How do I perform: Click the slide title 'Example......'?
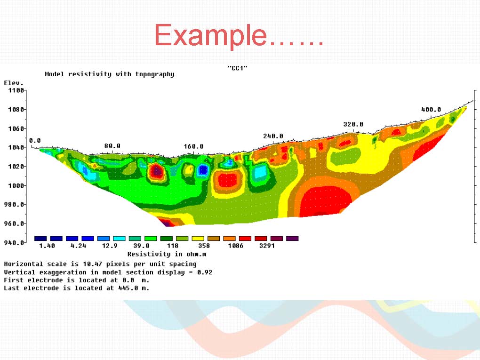click(x=239, y=35)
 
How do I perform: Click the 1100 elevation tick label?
click(x=16, y=90)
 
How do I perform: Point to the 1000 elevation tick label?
click(x=16, y=185)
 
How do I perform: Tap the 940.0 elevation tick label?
click(x=14, y=243)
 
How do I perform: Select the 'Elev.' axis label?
click(x=14, y=83)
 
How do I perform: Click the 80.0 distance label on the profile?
click(x=112, y=146)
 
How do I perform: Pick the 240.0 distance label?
click(x=273, y=136)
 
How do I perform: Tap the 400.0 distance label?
click(x=431, y=109)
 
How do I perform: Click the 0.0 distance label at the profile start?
click(x=35, y=141)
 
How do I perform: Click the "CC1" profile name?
click(x=238, y=68)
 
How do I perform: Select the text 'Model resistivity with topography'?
click(x=110, y=74)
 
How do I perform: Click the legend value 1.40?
click(x=47, y=246)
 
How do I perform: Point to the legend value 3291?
click(x=267, y=246)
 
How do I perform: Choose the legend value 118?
click(x=173, y=246)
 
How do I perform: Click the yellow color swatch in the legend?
click(x=198, y=239)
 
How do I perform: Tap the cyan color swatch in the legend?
click(x=119, y=239)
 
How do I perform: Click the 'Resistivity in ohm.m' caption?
click(x=167, y=254)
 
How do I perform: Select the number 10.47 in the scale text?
click(x=92, y=264)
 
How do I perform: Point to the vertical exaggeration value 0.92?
click(x=205, y=272)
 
